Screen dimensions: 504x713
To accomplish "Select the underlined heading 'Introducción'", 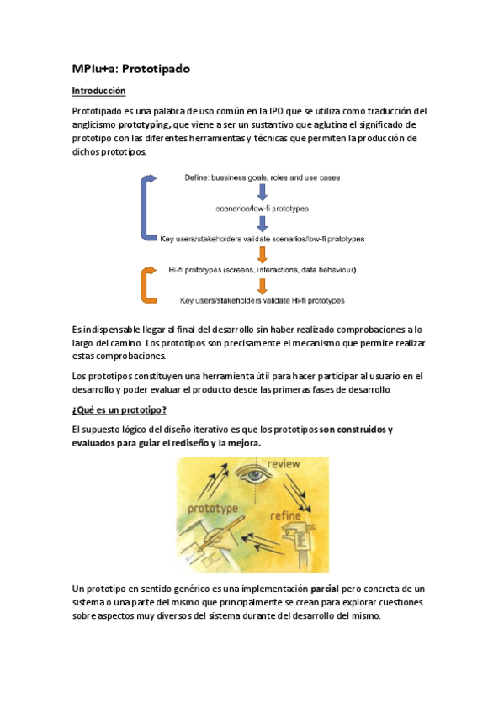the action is click(x=98, y=91).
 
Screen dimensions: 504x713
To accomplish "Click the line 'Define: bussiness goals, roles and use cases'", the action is click(x=262, y=178).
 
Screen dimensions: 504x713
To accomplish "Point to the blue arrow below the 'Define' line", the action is click(x=262, y=192).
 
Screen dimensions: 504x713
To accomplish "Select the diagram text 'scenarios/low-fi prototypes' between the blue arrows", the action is click(x=262, y=207).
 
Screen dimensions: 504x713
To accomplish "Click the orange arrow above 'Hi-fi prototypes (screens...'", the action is click(x=262, y=255).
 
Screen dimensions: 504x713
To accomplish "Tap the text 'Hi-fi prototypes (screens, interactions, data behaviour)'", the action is click(x=262, y=269).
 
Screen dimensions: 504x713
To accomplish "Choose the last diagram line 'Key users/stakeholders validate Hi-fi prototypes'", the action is click(x=262, y=299).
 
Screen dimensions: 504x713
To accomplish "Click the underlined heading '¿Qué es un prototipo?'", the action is click(x=119, y=409).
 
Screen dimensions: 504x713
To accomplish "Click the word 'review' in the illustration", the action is click(x=284, y=464).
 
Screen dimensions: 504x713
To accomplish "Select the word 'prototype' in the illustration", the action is click(x=212, y=509).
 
